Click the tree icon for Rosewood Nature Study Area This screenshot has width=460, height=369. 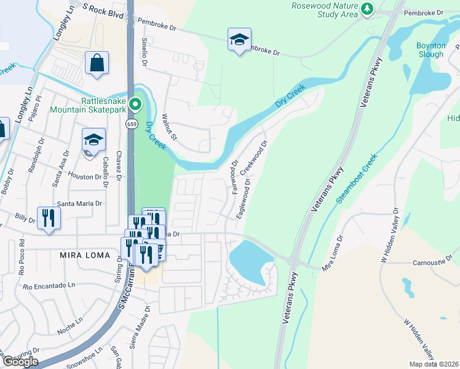click(368, 9)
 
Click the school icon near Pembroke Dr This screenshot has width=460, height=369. click(239, 40)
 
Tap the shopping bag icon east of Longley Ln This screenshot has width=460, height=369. click(97, 63)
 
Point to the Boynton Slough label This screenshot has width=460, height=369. click(430, 50)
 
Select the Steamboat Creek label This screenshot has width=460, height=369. click(356, 178)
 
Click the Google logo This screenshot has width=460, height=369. click(20, 361)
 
